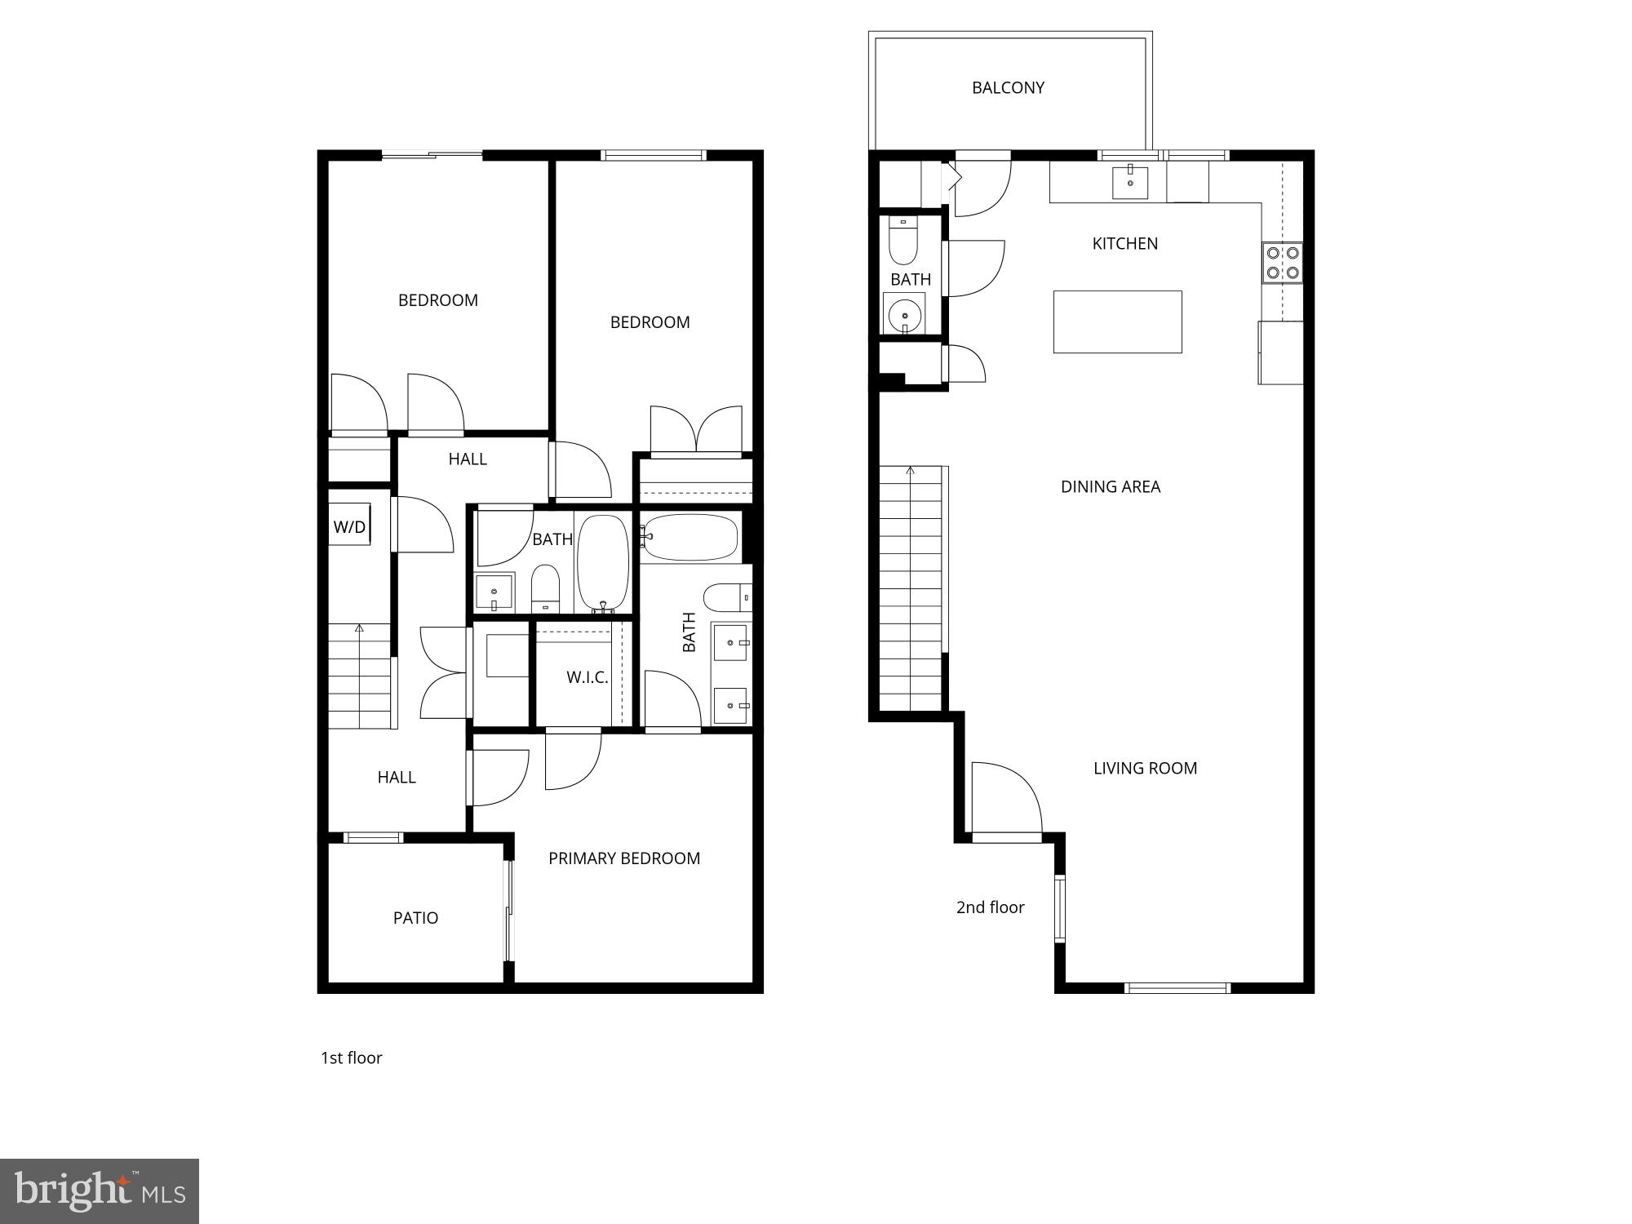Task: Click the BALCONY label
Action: (x=1008, y=88)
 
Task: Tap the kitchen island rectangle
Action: (x=1117, y=322)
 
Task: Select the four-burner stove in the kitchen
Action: (x=1282, y=263)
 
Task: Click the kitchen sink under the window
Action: (x=1130, y=183)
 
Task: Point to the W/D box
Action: (x=349, y=527)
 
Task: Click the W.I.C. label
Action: (x=587, y=677)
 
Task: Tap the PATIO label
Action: (x=415, y=918)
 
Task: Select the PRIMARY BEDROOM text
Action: (x=624, y=858)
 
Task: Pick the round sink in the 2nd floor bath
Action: (x=904, y=315)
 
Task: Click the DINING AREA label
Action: (x=1110, y=487)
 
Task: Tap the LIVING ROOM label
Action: (x=1145, y=769)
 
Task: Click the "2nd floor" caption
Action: (x=990, y=907)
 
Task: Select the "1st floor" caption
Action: (x=351, y=1058)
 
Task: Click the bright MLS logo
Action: (x=100, y=1191)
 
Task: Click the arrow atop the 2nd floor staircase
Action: (x=911, y=471)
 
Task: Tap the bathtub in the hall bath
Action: (x=603, y=561)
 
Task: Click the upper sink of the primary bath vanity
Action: (x=730, y=642)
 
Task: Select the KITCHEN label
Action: (x=1124, y=244)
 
